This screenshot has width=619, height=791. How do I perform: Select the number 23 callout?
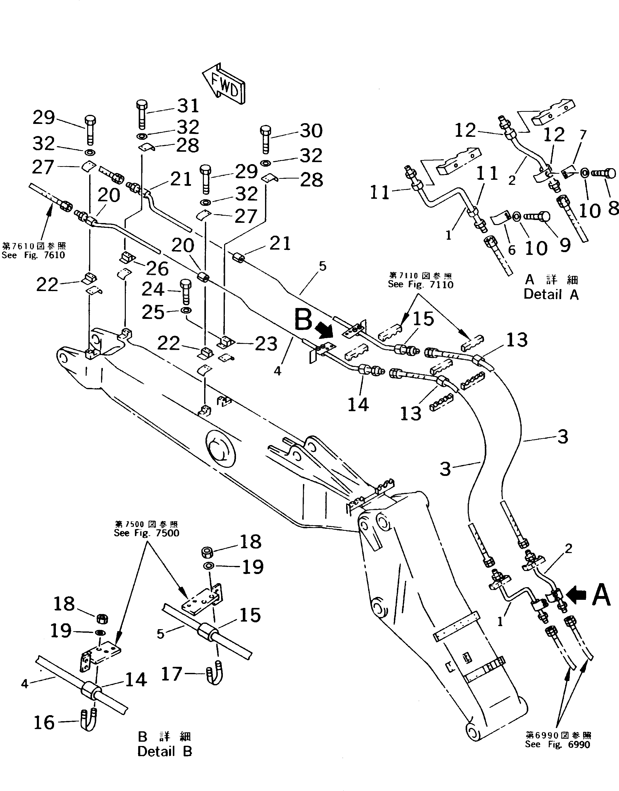click(x=266, y=344)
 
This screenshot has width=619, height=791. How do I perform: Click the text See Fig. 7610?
click(x=33, y=255)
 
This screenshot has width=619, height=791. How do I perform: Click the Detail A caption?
click(x=551, y=294)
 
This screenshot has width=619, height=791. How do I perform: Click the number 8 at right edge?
click(x=612, y=209)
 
